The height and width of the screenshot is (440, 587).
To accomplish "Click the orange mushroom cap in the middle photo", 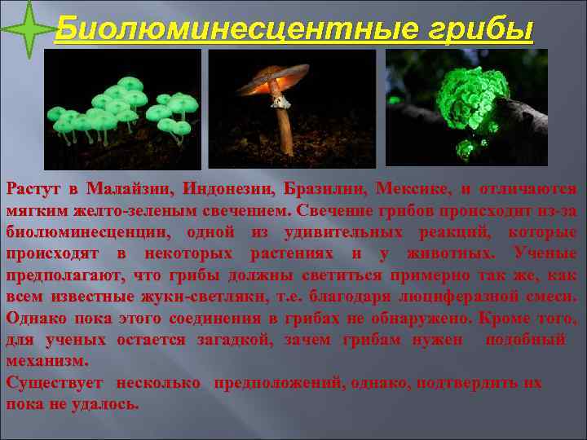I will pos(277,77).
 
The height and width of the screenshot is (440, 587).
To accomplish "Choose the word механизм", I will pos(46,359).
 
